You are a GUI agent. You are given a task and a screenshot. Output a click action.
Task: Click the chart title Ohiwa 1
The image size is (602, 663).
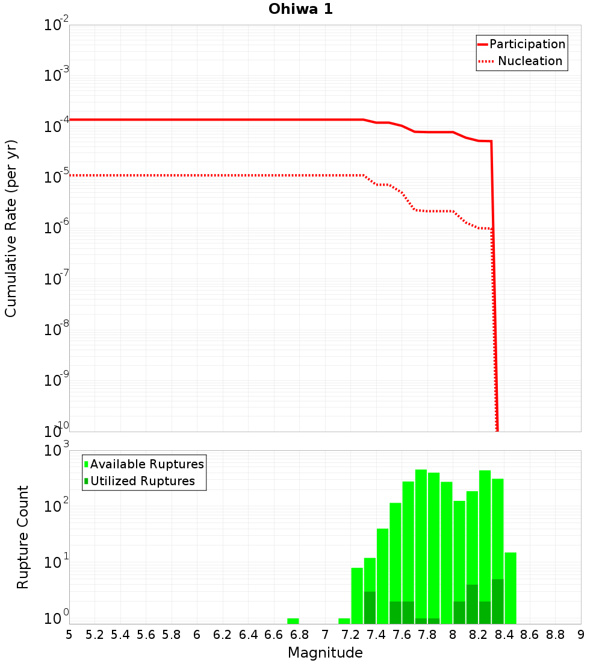(300, 9)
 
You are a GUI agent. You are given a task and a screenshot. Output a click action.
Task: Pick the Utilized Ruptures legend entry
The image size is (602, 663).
(142, 482)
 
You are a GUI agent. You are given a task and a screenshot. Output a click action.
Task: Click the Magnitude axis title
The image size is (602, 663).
(325, 653)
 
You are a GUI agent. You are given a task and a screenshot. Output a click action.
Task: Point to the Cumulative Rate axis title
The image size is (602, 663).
(11, 228)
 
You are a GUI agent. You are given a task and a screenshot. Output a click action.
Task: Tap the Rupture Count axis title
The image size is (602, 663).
(23, 537)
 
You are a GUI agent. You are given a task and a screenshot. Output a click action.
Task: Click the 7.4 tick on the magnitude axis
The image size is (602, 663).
(376, 635)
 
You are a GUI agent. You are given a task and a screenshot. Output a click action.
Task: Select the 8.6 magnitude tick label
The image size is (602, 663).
(530, 635)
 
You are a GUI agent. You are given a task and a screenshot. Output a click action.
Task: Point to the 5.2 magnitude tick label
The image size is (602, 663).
(95, 635)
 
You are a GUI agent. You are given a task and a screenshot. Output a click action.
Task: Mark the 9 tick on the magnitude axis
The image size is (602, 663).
(580, 635)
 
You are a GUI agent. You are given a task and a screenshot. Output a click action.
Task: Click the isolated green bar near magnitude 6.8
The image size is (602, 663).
(293, 621)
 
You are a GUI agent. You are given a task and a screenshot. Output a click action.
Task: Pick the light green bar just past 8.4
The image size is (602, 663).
(510, 588)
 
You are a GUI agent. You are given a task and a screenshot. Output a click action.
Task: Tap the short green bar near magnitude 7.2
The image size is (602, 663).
(344, 621)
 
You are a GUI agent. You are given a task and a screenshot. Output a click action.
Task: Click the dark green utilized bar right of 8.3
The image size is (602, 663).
(498, 602)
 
